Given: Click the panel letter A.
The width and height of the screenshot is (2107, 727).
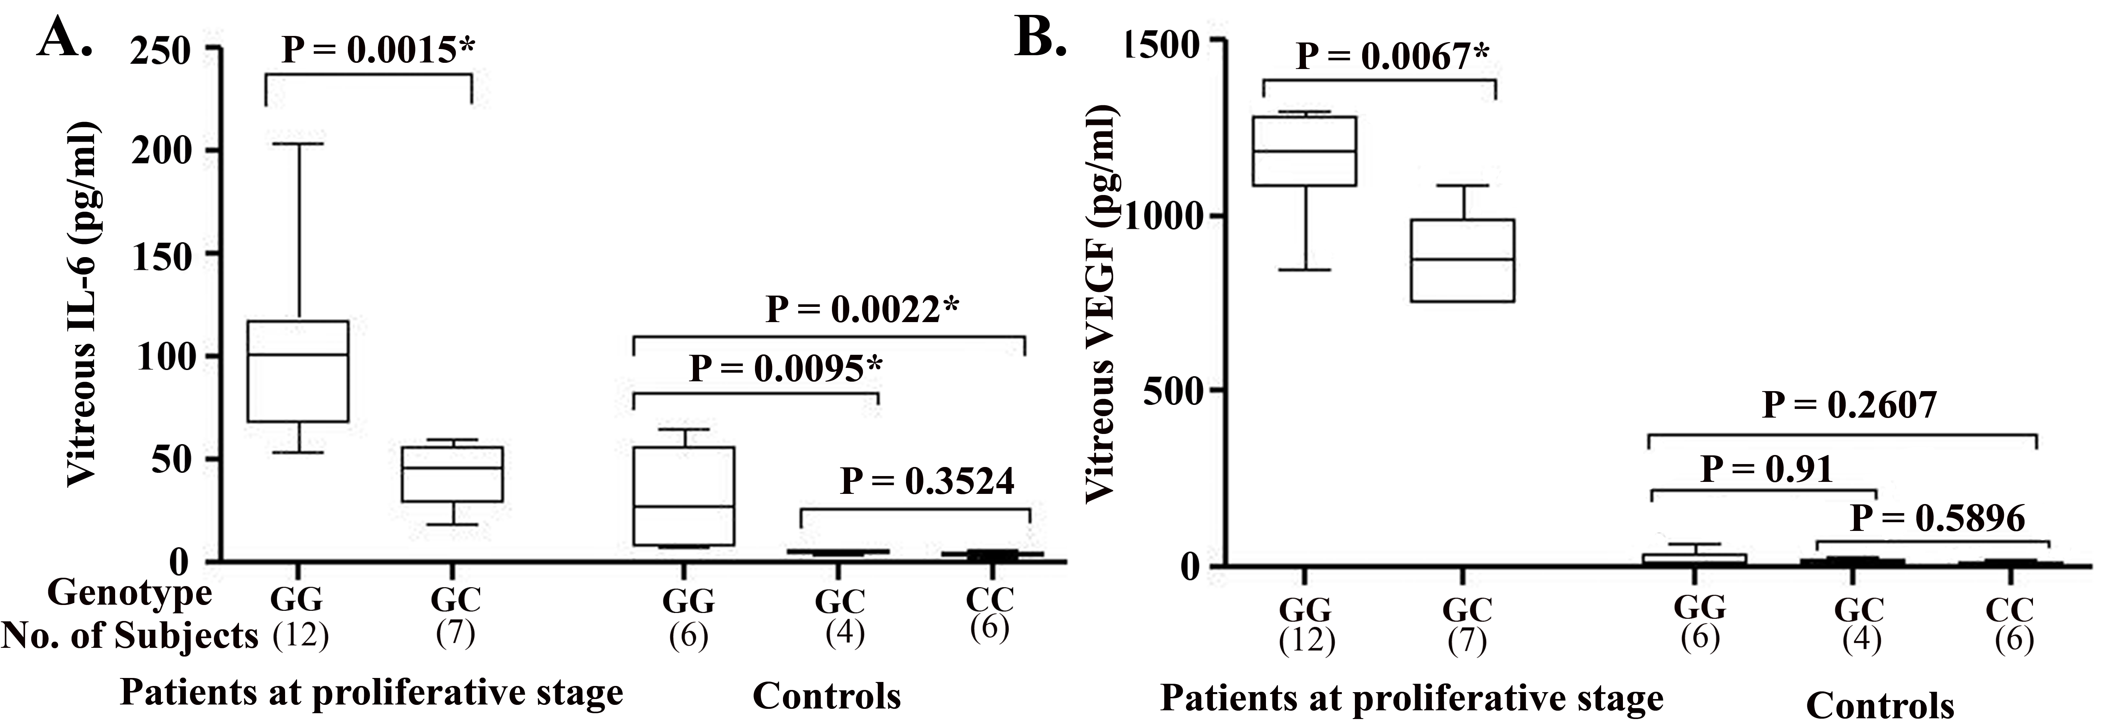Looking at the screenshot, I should [x=64, y=37].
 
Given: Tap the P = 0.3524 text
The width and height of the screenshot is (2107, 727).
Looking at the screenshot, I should [x=927, y=482].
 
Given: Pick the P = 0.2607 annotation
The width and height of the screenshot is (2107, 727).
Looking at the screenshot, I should [x=1848, y=405].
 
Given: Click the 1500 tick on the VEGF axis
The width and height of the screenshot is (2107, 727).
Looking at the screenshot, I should [x=1161, y=42].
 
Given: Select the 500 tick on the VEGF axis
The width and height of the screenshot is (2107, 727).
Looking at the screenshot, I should [x=1170, y=390].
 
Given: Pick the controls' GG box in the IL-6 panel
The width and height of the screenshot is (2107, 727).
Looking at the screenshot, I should [x=684, y=496].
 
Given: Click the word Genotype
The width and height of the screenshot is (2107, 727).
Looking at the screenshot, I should [x=129, y=592].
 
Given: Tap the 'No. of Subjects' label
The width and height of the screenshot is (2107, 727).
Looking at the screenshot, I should [x=129, y=635].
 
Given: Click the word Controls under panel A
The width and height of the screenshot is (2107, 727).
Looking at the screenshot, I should [x=826, y=696].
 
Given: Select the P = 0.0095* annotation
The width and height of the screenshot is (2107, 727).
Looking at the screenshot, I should [x=785, y=369].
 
